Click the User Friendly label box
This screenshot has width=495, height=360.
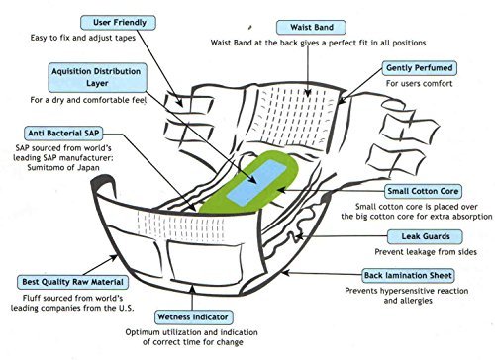(118, 23)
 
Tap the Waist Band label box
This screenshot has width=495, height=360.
(311, 27)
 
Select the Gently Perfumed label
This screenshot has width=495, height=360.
(420, 68)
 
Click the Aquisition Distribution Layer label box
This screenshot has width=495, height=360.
(97, 77)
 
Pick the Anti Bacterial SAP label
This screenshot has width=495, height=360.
(63, 134)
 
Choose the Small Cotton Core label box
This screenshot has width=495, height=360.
(423, 191)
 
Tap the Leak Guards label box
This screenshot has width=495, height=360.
(425, 236)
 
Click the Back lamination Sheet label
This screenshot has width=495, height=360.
(408, 276)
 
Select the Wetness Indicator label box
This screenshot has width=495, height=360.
(193, 317)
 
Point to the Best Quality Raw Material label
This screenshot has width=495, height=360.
(72, 282)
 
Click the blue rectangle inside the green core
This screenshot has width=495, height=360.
(256, 183)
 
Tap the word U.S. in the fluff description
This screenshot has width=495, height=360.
(126, 308)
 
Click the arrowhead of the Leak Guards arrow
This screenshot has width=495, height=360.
(298, 236)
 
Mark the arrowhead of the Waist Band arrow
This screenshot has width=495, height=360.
(308, 93)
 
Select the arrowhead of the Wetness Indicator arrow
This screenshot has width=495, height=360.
(192, 288)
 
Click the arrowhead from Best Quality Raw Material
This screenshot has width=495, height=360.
(113, 257)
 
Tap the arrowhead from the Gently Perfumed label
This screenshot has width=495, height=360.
(342, 101)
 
